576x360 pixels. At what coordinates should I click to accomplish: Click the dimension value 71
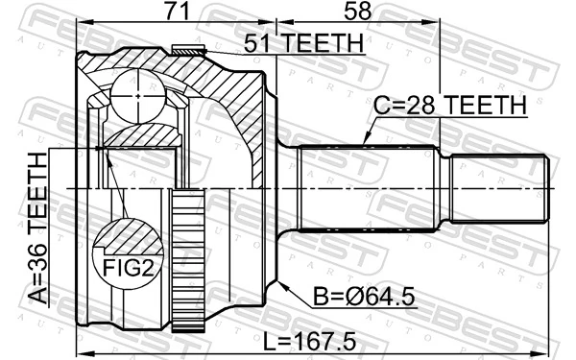pos(174,13)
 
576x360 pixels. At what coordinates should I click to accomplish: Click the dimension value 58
pos(355,13)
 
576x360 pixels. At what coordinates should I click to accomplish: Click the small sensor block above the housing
pos(188,50)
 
